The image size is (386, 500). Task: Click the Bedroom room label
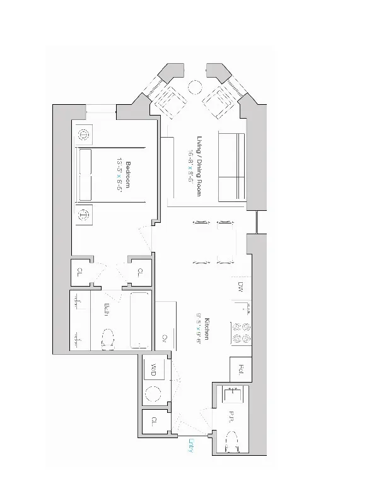(128, 174)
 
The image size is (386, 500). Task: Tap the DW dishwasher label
(241, 287)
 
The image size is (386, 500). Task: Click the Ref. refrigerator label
(242, 368)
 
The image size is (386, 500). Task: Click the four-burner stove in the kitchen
(241, 332)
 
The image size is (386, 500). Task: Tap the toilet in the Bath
(108, 338)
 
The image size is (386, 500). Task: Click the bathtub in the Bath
(141, 320)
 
